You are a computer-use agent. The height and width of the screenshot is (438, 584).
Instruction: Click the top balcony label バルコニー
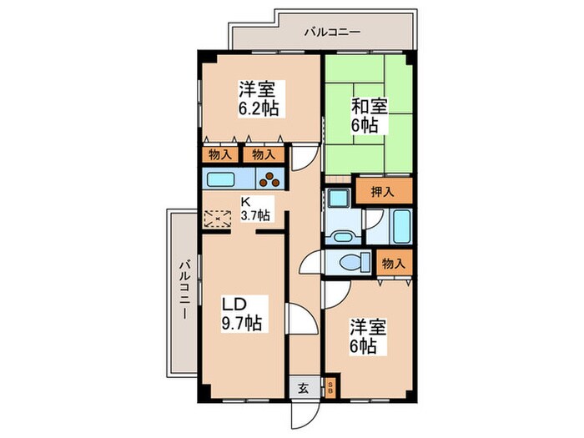click(x=331, y=33)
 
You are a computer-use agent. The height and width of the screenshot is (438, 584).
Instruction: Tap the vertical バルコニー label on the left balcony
click(x=183, y=292)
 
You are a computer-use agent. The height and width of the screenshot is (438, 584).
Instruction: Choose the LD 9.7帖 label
click(x=240, y=311)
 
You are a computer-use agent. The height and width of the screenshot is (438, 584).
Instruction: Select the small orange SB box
click(x=330, y=386)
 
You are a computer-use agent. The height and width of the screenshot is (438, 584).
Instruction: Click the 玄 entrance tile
click(x=304, y=386)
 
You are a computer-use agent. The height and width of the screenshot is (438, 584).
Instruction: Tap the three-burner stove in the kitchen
click(x=272, y=179)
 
